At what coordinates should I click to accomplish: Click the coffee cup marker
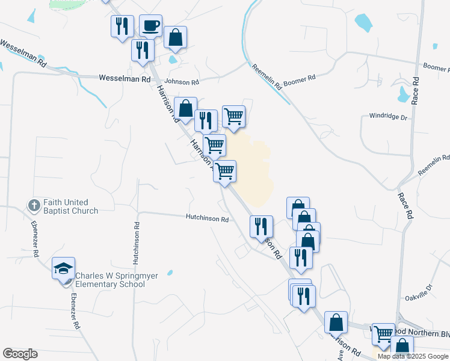(150, 26)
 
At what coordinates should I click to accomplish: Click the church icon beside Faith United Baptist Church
(34, 206)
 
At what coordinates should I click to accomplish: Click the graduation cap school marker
(63, 268)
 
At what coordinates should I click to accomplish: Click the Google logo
(20, 354)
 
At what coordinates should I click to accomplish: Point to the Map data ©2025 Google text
(413, 356)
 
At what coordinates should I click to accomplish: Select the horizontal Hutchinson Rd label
(207, 220)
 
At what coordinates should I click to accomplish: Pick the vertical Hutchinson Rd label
(137, 244)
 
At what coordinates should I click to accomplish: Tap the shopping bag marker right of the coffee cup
(175, 38)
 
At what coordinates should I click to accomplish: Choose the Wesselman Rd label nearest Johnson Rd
(125, 79)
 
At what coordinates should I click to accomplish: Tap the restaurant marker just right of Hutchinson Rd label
(260, 226)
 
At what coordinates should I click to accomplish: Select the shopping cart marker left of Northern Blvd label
(383, 334)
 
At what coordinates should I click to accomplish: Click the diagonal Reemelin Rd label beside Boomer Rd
(267, 76)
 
